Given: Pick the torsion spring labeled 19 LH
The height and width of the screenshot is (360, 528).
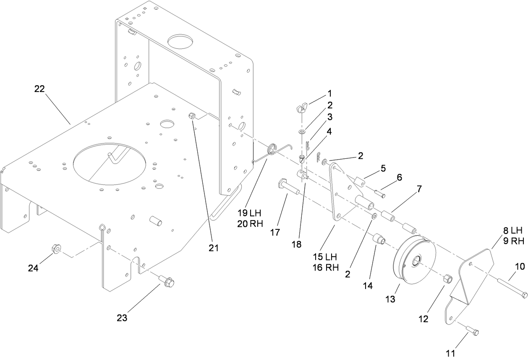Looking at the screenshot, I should (273, 151).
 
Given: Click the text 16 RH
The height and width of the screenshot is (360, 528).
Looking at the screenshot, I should (325, 268).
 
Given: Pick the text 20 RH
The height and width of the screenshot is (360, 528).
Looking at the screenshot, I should (250, 223).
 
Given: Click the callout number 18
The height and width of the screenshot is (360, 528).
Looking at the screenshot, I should (297, 244).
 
